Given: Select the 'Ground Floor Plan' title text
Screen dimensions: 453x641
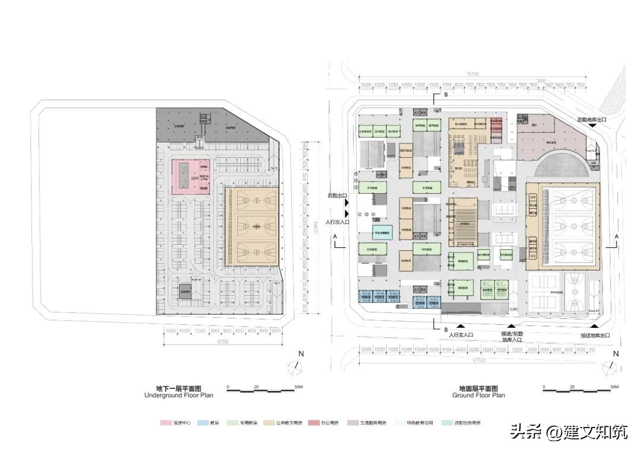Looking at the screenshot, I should point(478,395).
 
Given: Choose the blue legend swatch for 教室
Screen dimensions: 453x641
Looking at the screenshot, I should point(202,423).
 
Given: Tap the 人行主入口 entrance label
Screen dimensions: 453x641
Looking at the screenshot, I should point(461,336).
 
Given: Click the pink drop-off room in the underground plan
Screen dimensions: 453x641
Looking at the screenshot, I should point(191,177).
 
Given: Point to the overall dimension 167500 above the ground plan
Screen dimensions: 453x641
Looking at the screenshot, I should point(473,75).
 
